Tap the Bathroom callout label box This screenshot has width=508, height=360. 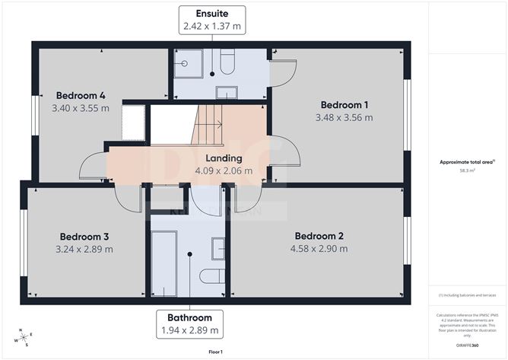pos(189,323)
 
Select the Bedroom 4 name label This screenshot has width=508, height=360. pos(80,96)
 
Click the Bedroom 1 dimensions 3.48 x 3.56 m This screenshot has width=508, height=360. pos(344,117)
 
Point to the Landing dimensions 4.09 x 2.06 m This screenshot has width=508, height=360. pos(224,170)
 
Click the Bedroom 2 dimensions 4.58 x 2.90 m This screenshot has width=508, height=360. pos(319,248)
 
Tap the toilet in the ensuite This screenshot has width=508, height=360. pos(227,62)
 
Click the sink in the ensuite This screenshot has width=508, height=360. pos(227,93)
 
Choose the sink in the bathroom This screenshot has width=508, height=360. pos(217,248)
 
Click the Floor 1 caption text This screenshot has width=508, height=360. pos(217,351)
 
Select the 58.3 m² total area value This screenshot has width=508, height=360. pos(467,170)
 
